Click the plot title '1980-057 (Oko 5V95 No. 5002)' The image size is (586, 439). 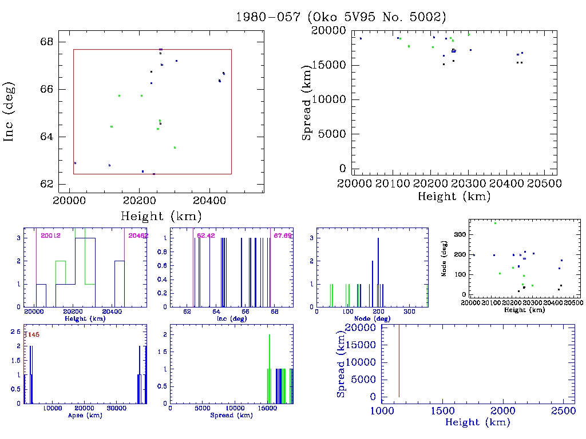coord(341,17)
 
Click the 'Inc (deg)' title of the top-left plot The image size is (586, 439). coord(9,111)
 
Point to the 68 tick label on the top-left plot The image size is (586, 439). coord(47,42)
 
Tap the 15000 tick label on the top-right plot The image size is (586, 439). coord(328,65)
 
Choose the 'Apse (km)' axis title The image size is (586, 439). coord(85,416)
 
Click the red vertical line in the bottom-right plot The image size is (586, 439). coord(399,360)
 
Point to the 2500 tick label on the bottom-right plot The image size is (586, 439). coord(560,412)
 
